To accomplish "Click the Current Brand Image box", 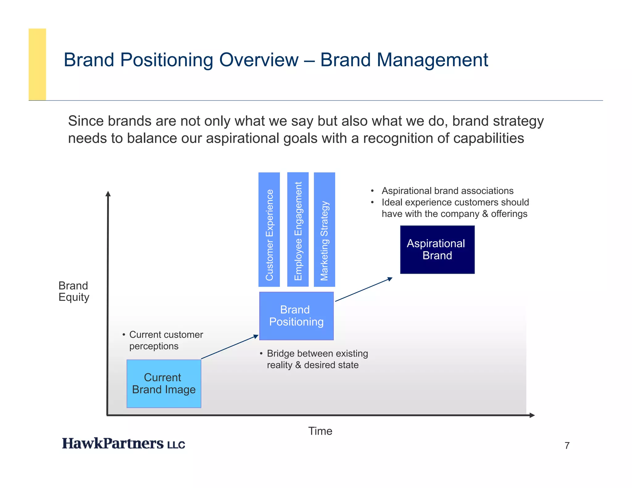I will [x=164, y=383].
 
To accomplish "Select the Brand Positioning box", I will [x=296, y=316].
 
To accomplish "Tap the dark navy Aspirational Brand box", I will [x=437, y=250].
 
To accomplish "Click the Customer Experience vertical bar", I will [x=269, y=230].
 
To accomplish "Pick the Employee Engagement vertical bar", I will [x=298, y=230].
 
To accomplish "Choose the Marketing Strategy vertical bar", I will [x=324, y=230].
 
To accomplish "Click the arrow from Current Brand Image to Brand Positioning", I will [x=230, y=347].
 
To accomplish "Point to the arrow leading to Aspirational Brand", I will [x=364, y=289].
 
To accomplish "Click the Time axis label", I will [x=320, y=431].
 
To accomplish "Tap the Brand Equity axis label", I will [x=73, y=291].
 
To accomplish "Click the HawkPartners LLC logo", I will [x=123, y=444].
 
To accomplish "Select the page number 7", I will [x=567, y=445].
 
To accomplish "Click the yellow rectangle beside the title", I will [x=37, y=64].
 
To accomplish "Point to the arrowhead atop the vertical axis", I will [x=108, y=194].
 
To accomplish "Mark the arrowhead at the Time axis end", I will [x=532, y=415].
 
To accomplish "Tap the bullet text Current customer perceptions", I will [x=166, y=340].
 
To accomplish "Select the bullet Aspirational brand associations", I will [x=447, y=191].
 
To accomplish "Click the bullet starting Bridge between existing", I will [x=317, y=359].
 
